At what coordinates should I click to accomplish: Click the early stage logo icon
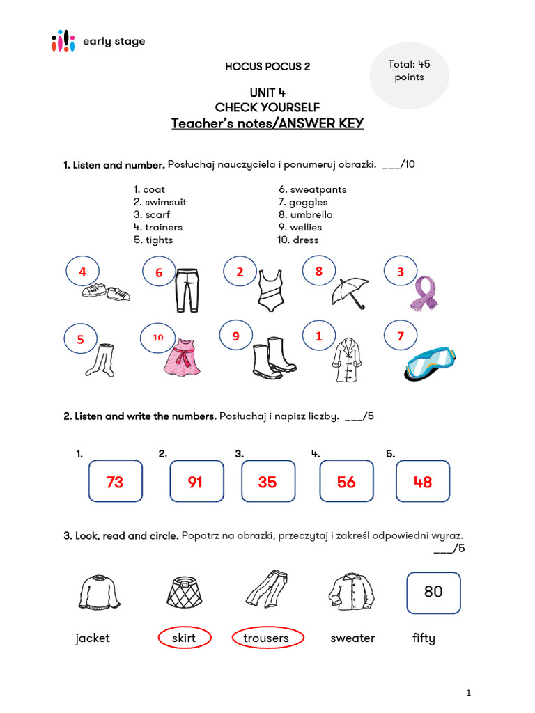click(x=63, y=41)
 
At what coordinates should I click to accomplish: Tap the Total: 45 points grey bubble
click(x=409, y=71)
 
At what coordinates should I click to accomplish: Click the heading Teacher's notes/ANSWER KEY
click(x=267, y=124)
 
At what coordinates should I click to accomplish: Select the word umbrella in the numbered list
click(x=311, y=214)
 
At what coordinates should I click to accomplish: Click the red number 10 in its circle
click(x=158, y=337)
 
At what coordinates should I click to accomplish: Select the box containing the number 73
click(x=116, y=481)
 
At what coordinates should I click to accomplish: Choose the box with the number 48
click(x=423, y=481)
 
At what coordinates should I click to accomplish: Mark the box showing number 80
click(x=433, y=592)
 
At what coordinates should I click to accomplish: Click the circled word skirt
click(x=184, y=638)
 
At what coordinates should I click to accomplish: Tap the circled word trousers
click(x=266, y=638)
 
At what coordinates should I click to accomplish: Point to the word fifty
click(x=424, y=638)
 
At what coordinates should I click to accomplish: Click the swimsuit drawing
click(x=269, y=290)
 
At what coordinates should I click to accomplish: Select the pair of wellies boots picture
click(x=272, y=357)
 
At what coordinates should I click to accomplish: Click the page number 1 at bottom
click(x=469, y=693)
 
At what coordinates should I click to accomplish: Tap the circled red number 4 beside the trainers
click(x=83, y=272)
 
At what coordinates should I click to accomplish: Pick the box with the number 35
click(x=267, y=481)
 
